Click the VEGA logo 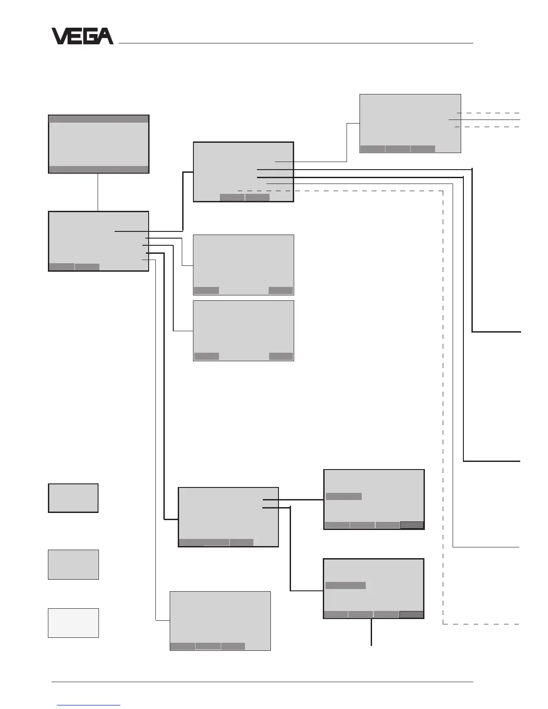[x=82, y=36]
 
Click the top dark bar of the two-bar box [x=98, y=119]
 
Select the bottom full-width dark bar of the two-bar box [x=98, y=169]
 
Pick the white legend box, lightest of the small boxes [x=73, y=623]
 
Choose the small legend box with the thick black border [x=73, y=498]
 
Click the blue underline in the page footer [x=89, y=705]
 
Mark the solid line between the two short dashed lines [x=484, y=120]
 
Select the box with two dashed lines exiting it [x=410, y=123]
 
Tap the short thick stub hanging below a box [x=372, y=632]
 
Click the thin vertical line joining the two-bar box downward [x=98, y=192]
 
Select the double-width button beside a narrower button [x=204, y=542]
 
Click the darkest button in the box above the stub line [x=411, y=615]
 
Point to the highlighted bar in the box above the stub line [x=346, y=585]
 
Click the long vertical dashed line [x=443, y=403]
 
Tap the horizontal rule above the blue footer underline [x=262, y=682]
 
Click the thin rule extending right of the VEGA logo [x=295, y=43]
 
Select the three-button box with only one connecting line [x=220, y=620]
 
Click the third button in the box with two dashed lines [x=423, y=149]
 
